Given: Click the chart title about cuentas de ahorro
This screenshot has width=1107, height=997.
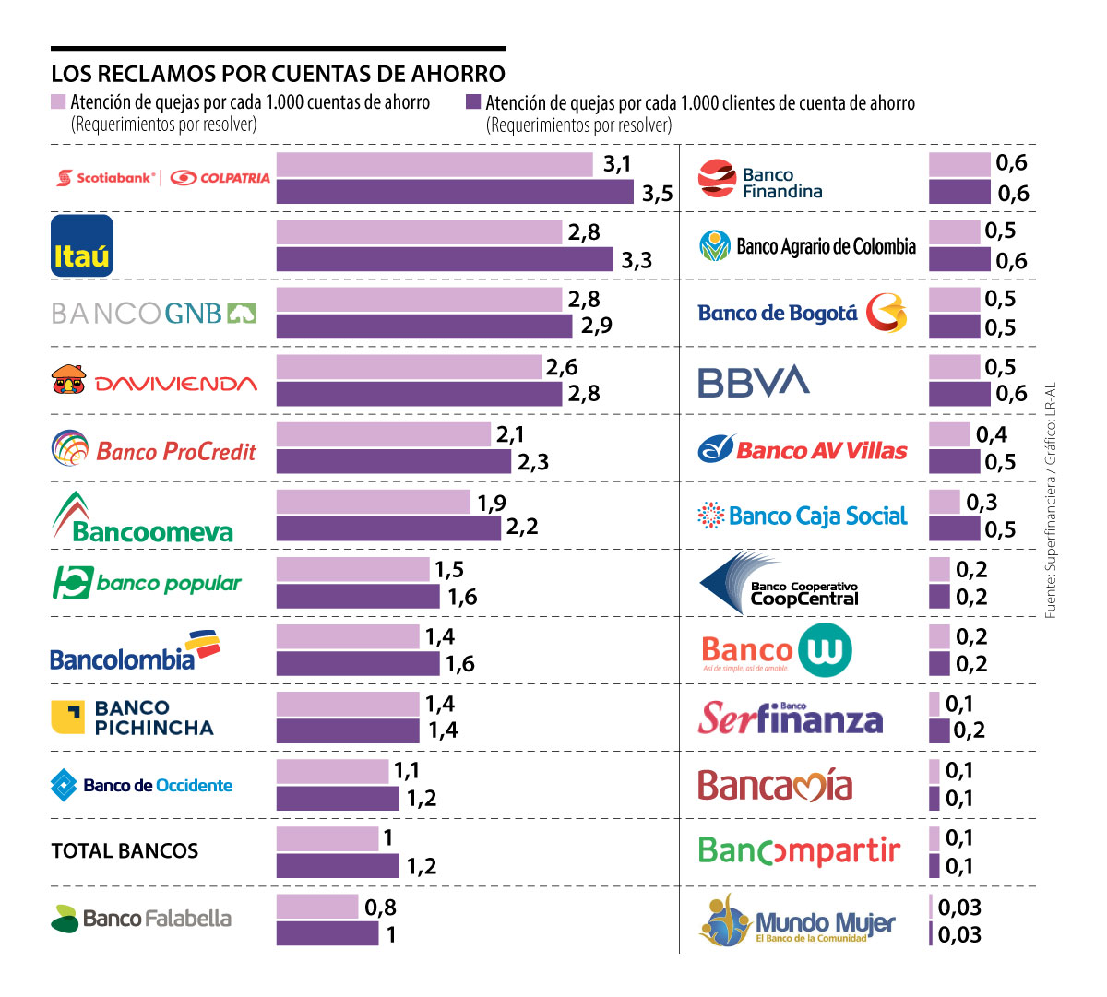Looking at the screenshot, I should click(278, 74).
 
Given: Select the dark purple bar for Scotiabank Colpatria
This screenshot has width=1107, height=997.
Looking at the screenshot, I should click(455, 192).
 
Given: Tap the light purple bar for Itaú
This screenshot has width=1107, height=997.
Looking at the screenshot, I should click(419, 231).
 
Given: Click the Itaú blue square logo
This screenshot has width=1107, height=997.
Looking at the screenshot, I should click(82, 245).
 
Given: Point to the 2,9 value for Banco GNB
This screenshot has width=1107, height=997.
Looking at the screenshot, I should click(596, 326).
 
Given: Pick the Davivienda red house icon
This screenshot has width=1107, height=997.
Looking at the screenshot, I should click(68, 379).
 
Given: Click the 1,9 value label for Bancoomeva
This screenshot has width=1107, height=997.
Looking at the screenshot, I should click(492, 503).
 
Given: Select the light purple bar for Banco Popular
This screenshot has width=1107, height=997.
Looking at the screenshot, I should click(352, 569).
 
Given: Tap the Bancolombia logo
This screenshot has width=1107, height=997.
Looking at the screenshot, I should click(135, 651).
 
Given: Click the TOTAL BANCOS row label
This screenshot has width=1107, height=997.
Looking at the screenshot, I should click(125, 850).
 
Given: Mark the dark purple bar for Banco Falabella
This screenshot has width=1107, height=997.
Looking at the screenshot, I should click(327, 933).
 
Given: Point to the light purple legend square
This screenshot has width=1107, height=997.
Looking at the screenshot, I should click(59, 101).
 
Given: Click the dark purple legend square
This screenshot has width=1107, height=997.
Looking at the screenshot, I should click(473, 101).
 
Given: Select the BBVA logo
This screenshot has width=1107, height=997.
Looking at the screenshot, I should click(754, 381).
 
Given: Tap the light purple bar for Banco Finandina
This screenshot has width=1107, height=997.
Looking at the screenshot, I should click(958, 164).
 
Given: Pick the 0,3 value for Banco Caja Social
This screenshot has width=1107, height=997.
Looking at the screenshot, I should click(982, 503).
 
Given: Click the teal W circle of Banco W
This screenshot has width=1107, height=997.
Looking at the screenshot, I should click(824, 650).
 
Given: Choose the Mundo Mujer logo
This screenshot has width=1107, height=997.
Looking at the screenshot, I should click(797, 920).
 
